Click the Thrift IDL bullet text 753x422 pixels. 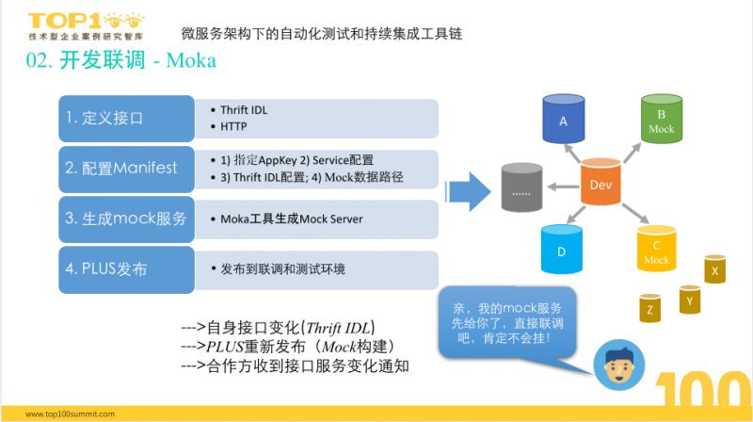click(243, 109)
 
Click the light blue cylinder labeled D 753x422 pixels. click(562, 251)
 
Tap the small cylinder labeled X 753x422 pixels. click(716, 270)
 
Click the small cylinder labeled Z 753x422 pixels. click(649, 307)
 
